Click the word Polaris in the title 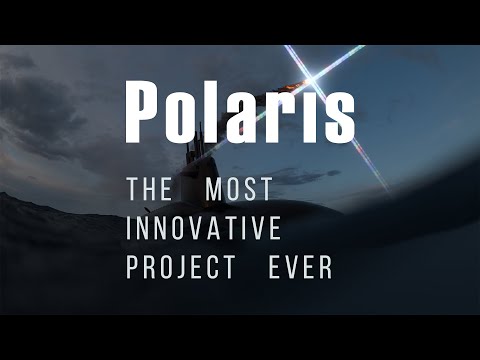coord(240,111)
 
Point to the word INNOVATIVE coord(203,229)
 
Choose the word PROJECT coord(180,268)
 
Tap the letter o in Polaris coord(189,117)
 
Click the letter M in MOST coord(212,190)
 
